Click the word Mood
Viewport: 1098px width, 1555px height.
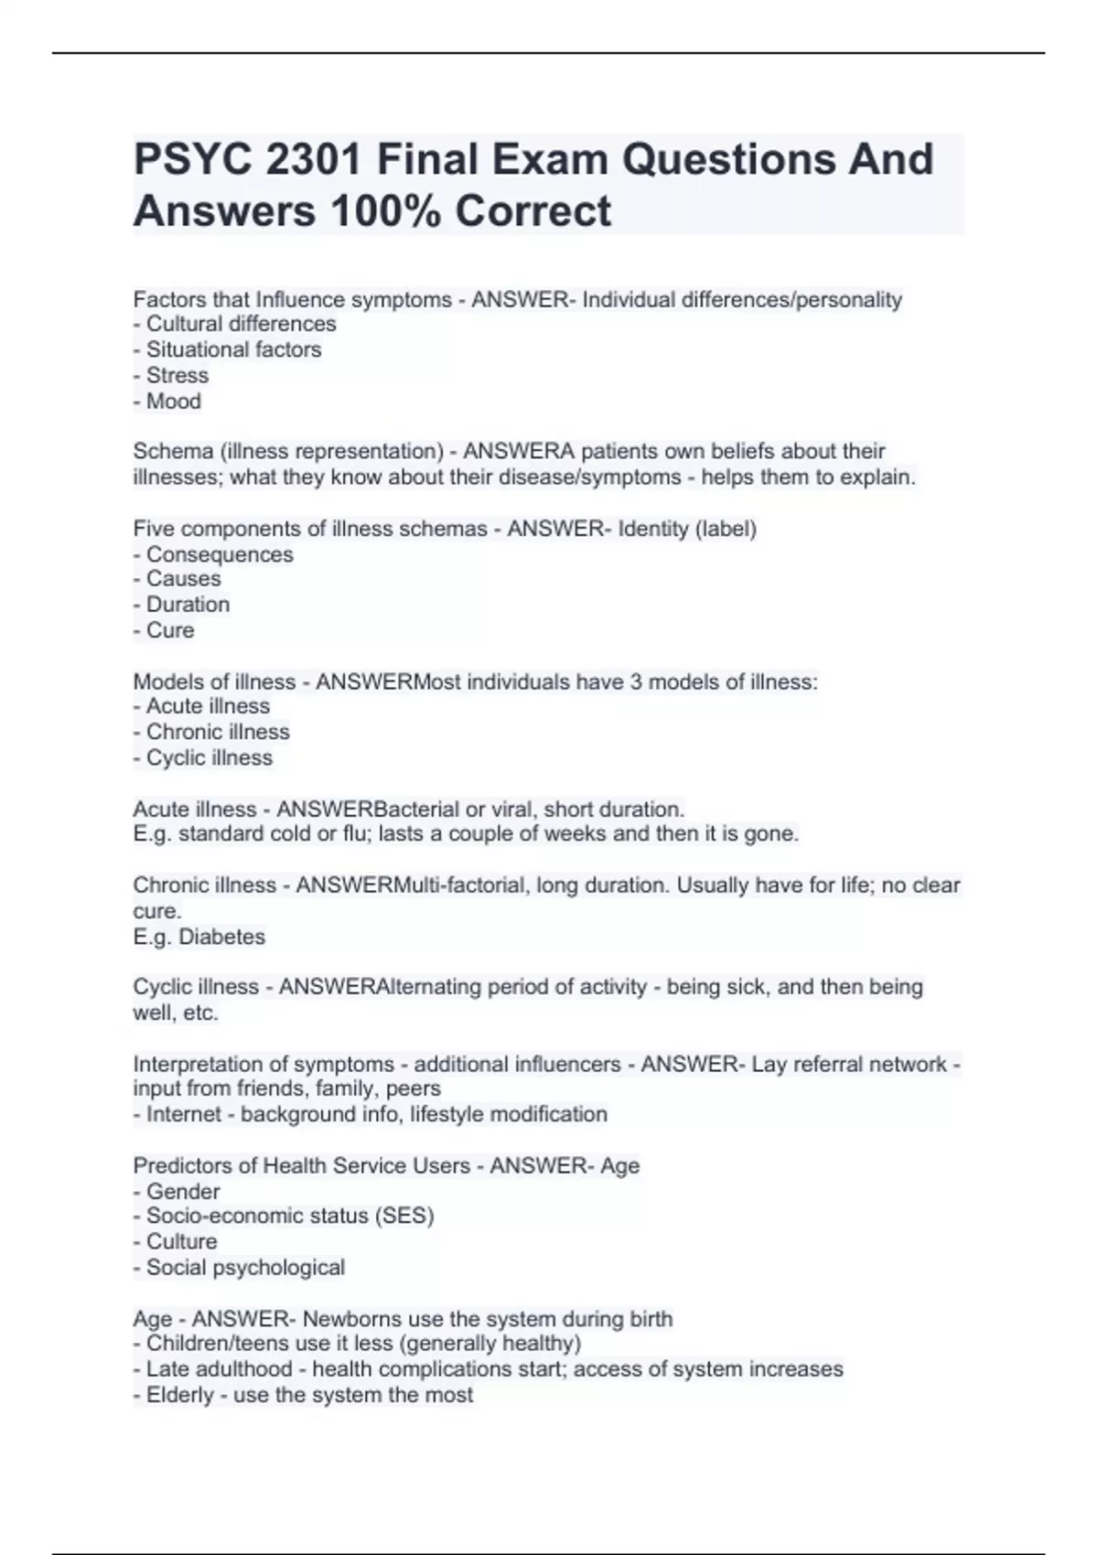(x=174, y=401)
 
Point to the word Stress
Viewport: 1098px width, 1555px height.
(x=178, y=375)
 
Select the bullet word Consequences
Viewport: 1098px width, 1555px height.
(x=220, y=554)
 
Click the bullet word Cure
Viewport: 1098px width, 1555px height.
(x=170, y=630)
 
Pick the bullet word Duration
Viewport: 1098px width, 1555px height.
(x=188, y=605)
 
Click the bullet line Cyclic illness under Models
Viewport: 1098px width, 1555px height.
(x=209, y=757)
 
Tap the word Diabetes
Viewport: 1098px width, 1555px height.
(x=222, y=937)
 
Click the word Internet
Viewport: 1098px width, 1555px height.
(x=184, y=1114)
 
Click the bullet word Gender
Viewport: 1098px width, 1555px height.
(x=183, y=1191)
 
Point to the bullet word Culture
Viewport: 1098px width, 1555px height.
(x=182, y=1241)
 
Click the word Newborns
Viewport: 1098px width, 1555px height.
(x=352, y=1319)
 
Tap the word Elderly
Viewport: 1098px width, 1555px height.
(x=180, y=1395)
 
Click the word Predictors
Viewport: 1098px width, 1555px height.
(x=178, y=1165)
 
